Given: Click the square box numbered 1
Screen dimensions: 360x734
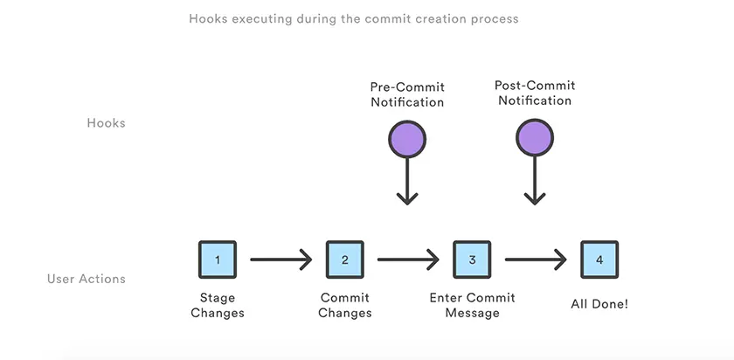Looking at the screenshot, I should coord(218,260).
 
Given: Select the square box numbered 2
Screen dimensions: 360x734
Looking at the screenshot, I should coord(345,260).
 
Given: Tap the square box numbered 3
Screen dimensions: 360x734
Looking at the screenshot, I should coord(472,260).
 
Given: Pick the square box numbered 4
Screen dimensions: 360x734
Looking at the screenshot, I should coord(599,260).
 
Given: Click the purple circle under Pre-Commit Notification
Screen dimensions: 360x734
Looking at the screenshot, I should coord(406,139).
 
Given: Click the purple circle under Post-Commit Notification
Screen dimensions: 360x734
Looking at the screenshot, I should coord(534,139).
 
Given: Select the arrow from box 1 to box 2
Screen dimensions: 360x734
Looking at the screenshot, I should coord(280,260).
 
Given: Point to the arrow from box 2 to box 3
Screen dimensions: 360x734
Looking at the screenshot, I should coord(408,260).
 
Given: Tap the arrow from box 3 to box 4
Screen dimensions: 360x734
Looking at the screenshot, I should coord(536,260).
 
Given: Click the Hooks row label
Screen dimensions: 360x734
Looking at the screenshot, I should coord(106,123).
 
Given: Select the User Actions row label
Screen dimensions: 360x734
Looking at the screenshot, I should coord(87,280).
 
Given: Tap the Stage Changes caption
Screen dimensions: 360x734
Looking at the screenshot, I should coord(218,305).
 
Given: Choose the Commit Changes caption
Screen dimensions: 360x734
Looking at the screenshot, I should coord(345,305).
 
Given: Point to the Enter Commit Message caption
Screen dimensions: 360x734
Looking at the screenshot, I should coord(472,305).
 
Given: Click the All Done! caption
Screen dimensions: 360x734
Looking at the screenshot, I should coord(599,303).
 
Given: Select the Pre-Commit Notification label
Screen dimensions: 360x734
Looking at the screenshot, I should coord(407,94).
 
